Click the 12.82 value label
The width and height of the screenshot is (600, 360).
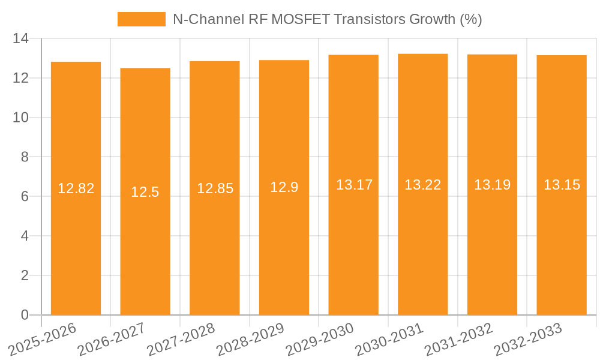pyautogui.click(x=76, y=188)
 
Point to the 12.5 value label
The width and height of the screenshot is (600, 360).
pyautogui.click(x=145, y=192)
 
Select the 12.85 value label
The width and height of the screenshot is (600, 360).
pyautogui.click(x=215, y=188)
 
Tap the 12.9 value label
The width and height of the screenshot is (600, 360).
pyautogui.click(x=284, y=187)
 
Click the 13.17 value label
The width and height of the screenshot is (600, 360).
pyautogui.click(x=354, y=185)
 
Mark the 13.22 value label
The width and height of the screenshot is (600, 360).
pyautogui.click(x=422, y=185)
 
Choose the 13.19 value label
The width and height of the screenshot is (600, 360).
pyautogui.click(x=492, y=185)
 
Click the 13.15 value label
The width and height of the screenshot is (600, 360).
pyautogui.click(x=562, y=185)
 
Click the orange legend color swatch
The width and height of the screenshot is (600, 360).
pyautogui.click(x=141, y=19)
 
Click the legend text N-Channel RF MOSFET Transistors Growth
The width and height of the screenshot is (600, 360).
pyautogui.click(x=327, y=19)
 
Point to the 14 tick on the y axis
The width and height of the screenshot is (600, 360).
pyautogui.click(x=20, y=38)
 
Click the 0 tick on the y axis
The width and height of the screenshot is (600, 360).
pyautogui.click(x=25, y=315)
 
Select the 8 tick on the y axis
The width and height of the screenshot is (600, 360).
pyautogui.click(x=25, y=157)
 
